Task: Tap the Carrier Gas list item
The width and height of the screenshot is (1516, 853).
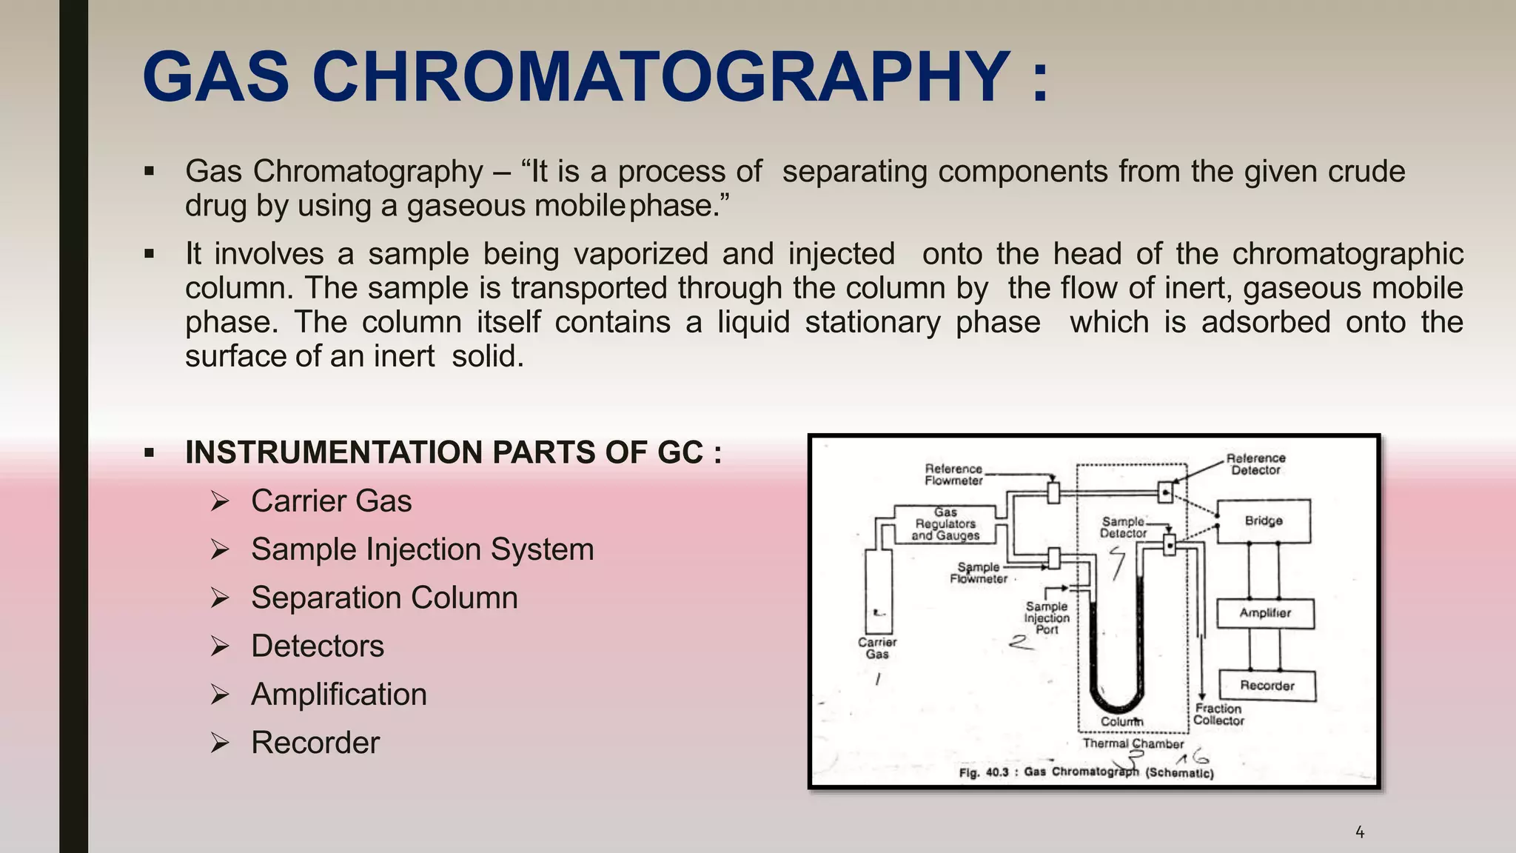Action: pos(331,501)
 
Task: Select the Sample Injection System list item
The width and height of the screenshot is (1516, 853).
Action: pos(422,549)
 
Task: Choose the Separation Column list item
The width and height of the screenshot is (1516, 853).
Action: pos(384,598)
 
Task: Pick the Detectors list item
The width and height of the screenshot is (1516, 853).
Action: pos(318,646)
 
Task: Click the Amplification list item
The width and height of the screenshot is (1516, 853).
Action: pos(338,695)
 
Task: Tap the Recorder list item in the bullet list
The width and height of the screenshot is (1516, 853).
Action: pos(315,743)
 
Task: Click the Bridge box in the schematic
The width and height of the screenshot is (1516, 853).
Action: pos(1264,521)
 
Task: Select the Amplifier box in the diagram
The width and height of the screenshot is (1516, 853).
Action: pos(1265,613)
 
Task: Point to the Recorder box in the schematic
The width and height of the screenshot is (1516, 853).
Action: pos(1267,686)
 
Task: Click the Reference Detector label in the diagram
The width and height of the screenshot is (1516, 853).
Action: pos(1255,464)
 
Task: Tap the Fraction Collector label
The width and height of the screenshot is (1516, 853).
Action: pos(1218,715)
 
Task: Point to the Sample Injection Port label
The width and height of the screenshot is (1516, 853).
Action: pos(1047,618)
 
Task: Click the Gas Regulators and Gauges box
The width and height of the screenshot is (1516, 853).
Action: pos(945,524)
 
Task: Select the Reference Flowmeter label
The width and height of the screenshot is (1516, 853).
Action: pos(953,475)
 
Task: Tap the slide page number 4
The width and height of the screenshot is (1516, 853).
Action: pos(1360,832)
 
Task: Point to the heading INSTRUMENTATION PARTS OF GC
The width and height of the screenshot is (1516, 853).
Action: pos(453,452)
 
